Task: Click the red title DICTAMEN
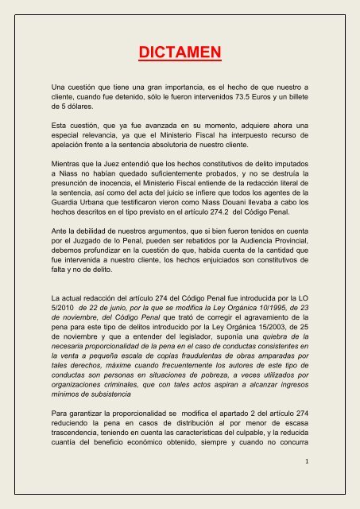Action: tap(180, 54)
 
